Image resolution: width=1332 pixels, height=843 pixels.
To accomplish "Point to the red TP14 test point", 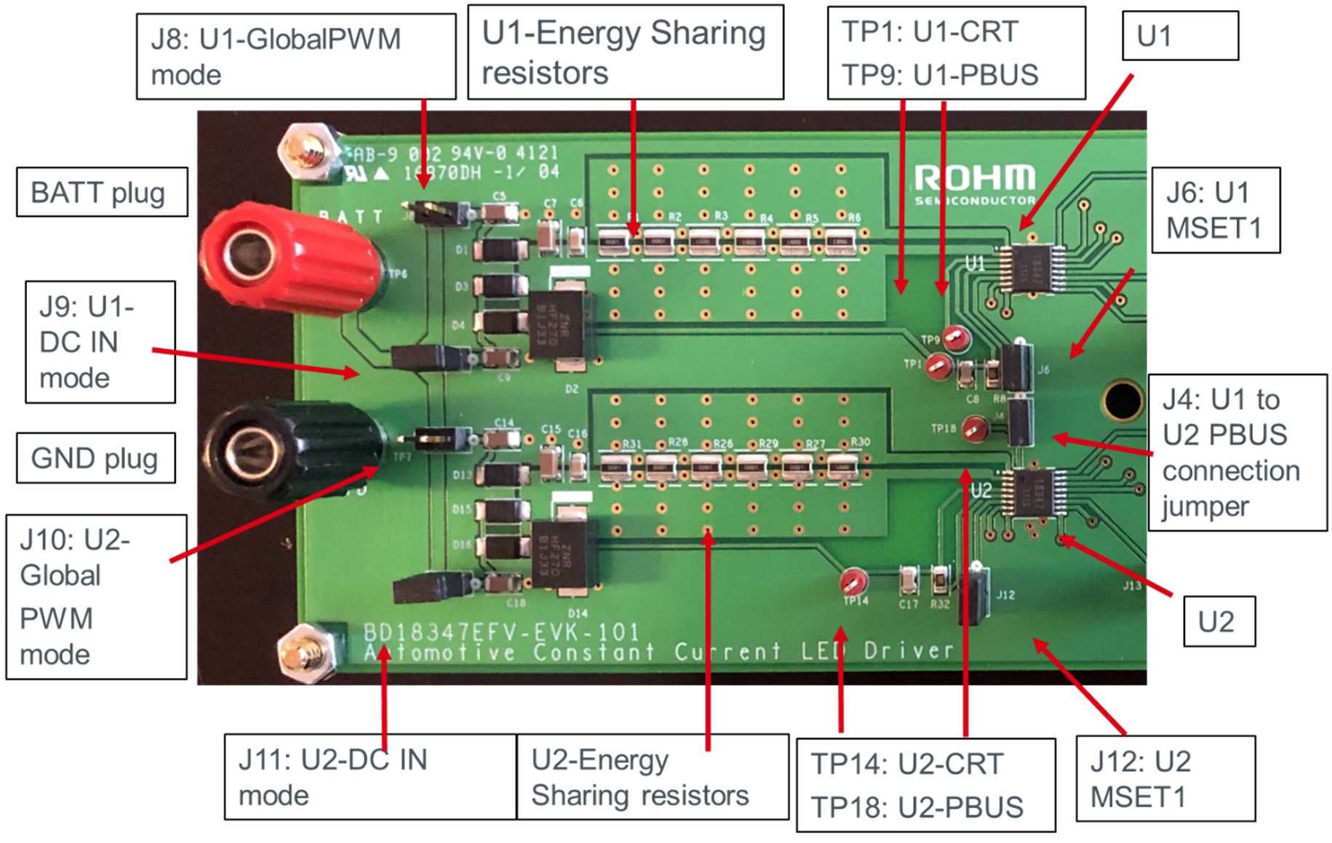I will [x=853, y=581].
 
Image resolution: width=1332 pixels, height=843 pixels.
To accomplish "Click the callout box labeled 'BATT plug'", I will [x=102, y=193].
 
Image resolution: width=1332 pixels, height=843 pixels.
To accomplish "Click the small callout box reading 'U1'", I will [x=1179, y=36].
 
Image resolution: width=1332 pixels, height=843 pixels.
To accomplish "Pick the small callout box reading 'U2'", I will [x=1219, y=622].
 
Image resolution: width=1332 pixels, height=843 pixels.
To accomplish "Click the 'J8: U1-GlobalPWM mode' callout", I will [x=296, y=56].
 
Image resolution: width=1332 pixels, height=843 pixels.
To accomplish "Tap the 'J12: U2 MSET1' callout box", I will [x=1165, y=779].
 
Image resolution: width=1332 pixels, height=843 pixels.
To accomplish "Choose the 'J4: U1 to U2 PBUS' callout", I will [x=1237, y=452].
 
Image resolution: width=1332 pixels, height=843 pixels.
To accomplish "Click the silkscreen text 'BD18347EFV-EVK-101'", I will [x=501, y=631].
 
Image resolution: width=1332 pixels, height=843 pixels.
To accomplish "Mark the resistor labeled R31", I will [x=615, y=465].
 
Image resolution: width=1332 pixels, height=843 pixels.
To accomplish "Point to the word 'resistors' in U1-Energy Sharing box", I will [x=545, y=73].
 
